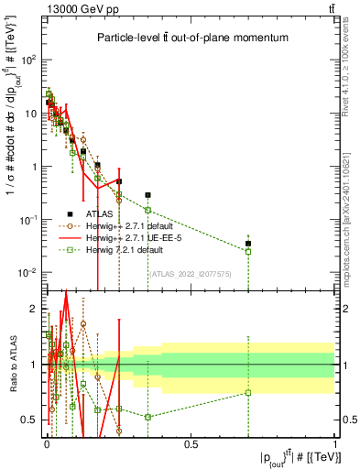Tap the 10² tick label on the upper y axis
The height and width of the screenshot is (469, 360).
pos(28,60)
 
